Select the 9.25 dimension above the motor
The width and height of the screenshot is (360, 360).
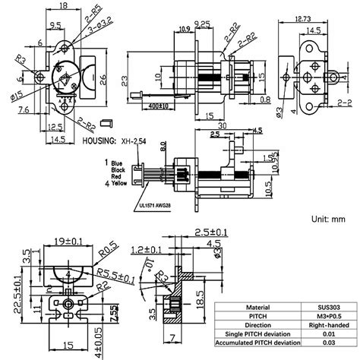201,24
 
